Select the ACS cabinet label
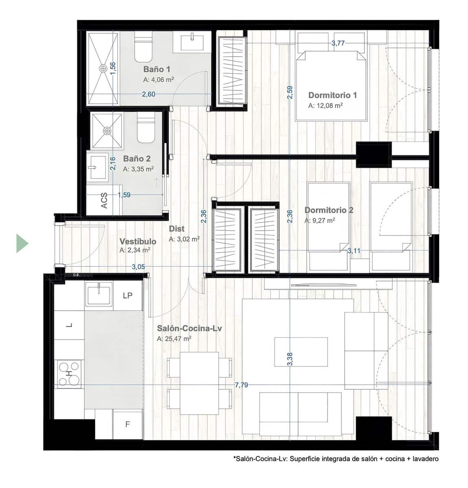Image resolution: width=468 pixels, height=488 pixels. coord(104,200)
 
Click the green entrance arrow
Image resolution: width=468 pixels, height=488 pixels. coord(22,243)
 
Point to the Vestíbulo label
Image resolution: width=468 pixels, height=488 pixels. coord(138,242)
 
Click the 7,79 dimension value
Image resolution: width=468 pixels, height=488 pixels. coord(241,385)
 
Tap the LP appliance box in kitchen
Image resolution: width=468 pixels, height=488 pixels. coord(128,296)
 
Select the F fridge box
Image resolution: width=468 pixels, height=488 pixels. coord(127,425)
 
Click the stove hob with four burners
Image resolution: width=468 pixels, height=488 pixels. coord(69,374)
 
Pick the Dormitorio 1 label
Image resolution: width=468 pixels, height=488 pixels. coord(332,95)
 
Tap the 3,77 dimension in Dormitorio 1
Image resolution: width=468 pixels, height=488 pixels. coord(338,43)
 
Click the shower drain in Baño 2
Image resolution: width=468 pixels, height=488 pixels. coord(107,131)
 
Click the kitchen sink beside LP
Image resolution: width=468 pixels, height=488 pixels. coord(98,294)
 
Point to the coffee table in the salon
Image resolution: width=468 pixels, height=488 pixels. coord(301,351)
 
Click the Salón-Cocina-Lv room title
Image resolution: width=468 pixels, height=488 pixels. coord(189,328)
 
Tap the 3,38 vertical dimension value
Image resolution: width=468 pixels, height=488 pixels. coord(290,359)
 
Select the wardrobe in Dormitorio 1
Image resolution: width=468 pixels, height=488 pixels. coord(232,70)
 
